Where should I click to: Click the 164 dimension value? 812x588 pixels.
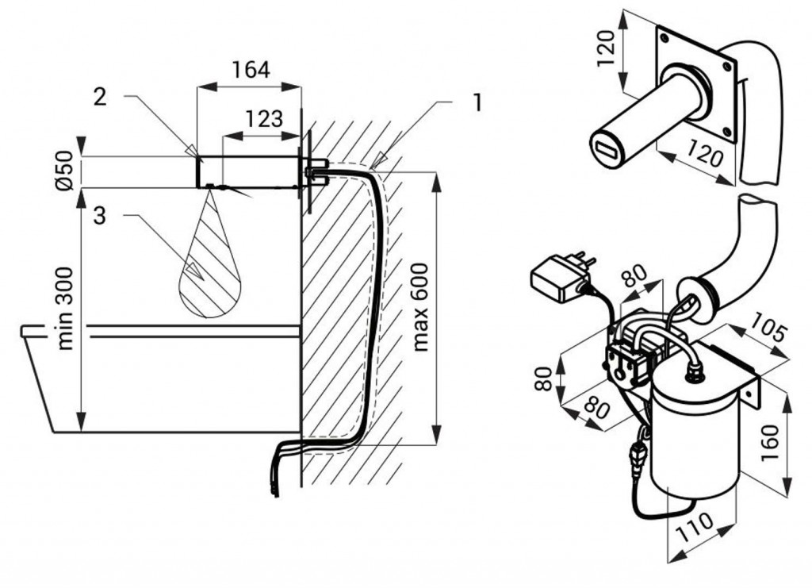251,71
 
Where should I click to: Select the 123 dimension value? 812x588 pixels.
263,119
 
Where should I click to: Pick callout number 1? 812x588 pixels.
477,102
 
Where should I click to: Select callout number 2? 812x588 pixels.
99,97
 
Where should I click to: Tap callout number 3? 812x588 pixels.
99,216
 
